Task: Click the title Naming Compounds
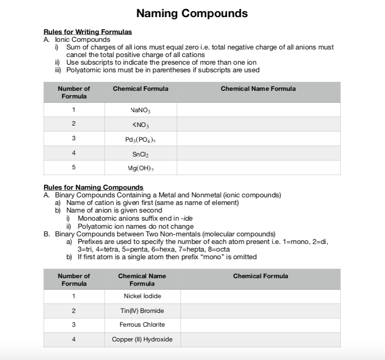192,13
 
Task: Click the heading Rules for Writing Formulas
87,32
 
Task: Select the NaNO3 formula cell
141,110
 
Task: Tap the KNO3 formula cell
141,125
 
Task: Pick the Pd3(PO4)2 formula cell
141,139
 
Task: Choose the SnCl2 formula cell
141,154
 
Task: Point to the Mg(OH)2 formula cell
141,168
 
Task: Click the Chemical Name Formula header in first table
258,89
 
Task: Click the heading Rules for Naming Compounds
93,187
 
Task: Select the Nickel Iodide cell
142,296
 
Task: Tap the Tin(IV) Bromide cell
142,311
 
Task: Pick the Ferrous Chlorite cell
142,325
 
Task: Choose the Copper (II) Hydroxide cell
142,340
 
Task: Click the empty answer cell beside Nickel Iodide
260,296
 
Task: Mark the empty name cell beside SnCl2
258,154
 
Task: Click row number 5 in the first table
74,168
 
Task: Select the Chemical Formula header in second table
260,276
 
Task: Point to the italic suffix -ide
185,218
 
